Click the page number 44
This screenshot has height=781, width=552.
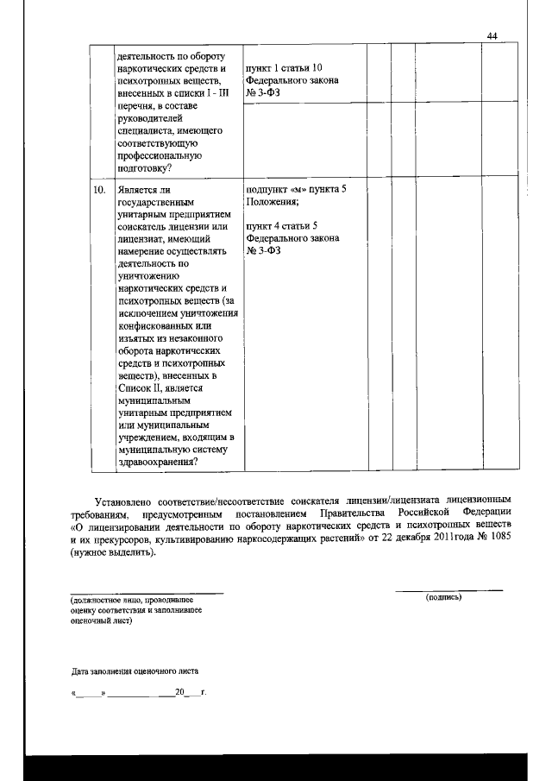[492, 35]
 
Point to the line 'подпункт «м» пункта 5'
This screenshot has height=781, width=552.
[296, 189]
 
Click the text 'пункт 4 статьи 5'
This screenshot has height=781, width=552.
[281, 226]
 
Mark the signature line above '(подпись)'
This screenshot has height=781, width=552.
[448, 590]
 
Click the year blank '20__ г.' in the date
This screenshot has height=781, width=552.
[189, 693]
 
